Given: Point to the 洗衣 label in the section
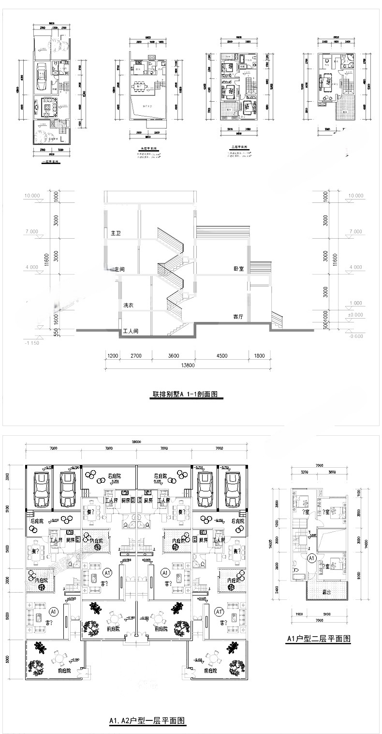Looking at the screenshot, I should click(x=128, y=306).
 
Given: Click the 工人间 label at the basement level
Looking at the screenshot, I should click(x=131, y=332).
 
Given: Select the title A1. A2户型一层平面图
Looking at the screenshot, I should click(x=147, y=721).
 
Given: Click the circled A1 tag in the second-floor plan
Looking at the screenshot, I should click(x=312, y=558).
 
